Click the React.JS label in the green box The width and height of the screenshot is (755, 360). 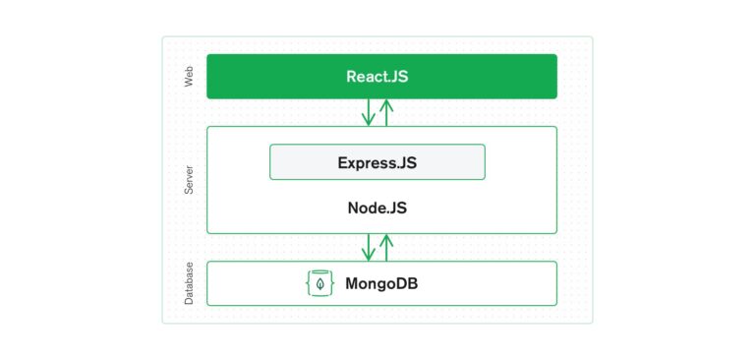377,76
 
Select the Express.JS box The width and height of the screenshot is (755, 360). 377,162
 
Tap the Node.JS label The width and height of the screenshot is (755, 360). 377,209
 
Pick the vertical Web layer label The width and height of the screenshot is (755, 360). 189,77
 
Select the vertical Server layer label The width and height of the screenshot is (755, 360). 189,180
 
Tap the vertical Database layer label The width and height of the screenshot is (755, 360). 189,283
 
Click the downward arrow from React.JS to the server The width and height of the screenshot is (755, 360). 369,112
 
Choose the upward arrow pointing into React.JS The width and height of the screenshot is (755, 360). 386,112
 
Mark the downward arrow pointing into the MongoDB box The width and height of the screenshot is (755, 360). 369,247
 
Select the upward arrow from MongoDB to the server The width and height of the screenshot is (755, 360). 386,247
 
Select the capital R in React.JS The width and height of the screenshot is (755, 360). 351,76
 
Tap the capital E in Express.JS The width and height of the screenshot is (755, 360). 342,162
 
